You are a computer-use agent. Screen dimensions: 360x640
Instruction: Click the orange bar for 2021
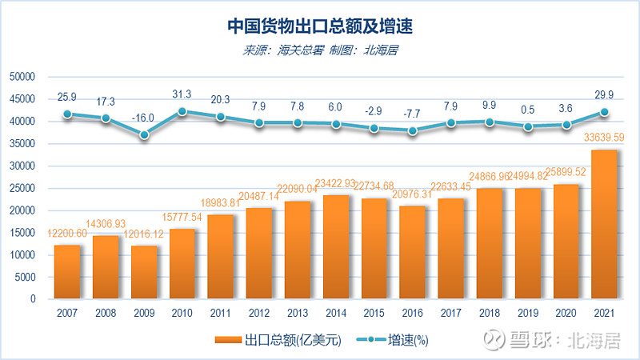[605, 224]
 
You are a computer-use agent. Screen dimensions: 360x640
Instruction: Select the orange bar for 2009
[144, 272]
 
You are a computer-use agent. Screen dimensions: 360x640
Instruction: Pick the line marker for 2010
[182, 112]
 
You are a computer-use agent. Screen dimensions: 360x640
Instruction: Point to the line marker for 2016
[413, 130]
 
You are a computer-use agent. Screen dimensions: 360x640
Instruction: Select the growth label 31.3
[182, 94]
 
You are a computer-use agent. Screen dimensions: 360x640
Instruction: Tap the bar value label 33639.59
[603, 137]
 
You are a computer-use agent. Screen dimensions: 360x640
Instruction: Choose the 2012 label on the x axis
[259, 314]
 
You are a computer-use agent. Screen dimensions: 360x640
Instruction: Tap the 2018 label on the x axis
[490, 314]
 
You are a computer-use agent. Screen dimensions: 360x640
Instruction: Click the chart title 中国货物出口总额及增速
[319, 26]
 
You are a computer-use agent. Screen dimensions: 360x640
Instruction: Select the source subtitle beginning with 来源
[320, 50]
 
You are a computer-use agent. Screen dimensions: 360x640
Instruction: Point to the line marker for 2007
[67, 114]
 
